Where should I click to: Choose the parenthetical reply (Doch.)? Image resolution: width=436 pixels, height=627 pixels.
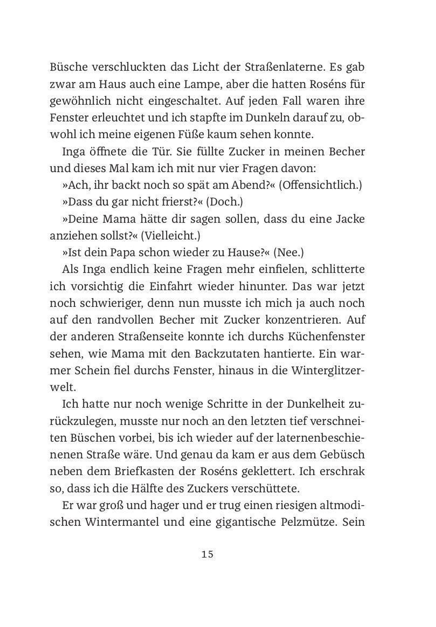pos(224,202)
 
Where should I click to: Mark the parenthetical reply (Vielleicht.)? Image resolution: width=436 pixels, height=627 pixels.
pos(171,236)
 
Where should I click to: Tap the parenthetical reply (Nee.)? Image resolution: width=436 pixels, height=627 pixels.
pos(288,253)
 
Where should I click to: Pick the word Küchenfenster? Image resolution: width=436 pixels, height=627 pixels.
pos(326,337)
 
